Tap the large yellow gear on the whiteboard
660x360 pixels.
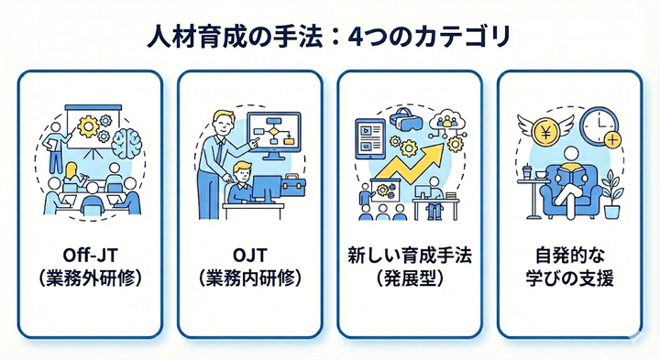coord(90,125)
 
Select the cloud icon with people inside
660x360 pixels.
coord(450,121)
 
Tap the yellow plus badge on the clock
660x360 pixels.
coord(613,142)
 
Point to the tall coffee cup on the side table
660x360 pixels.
coord(527,170)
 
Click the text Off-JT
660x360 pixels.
coord(89,254)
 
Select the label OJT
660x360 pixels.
coord(249,254)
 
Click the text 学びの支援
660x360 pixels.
coord(569,277)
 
